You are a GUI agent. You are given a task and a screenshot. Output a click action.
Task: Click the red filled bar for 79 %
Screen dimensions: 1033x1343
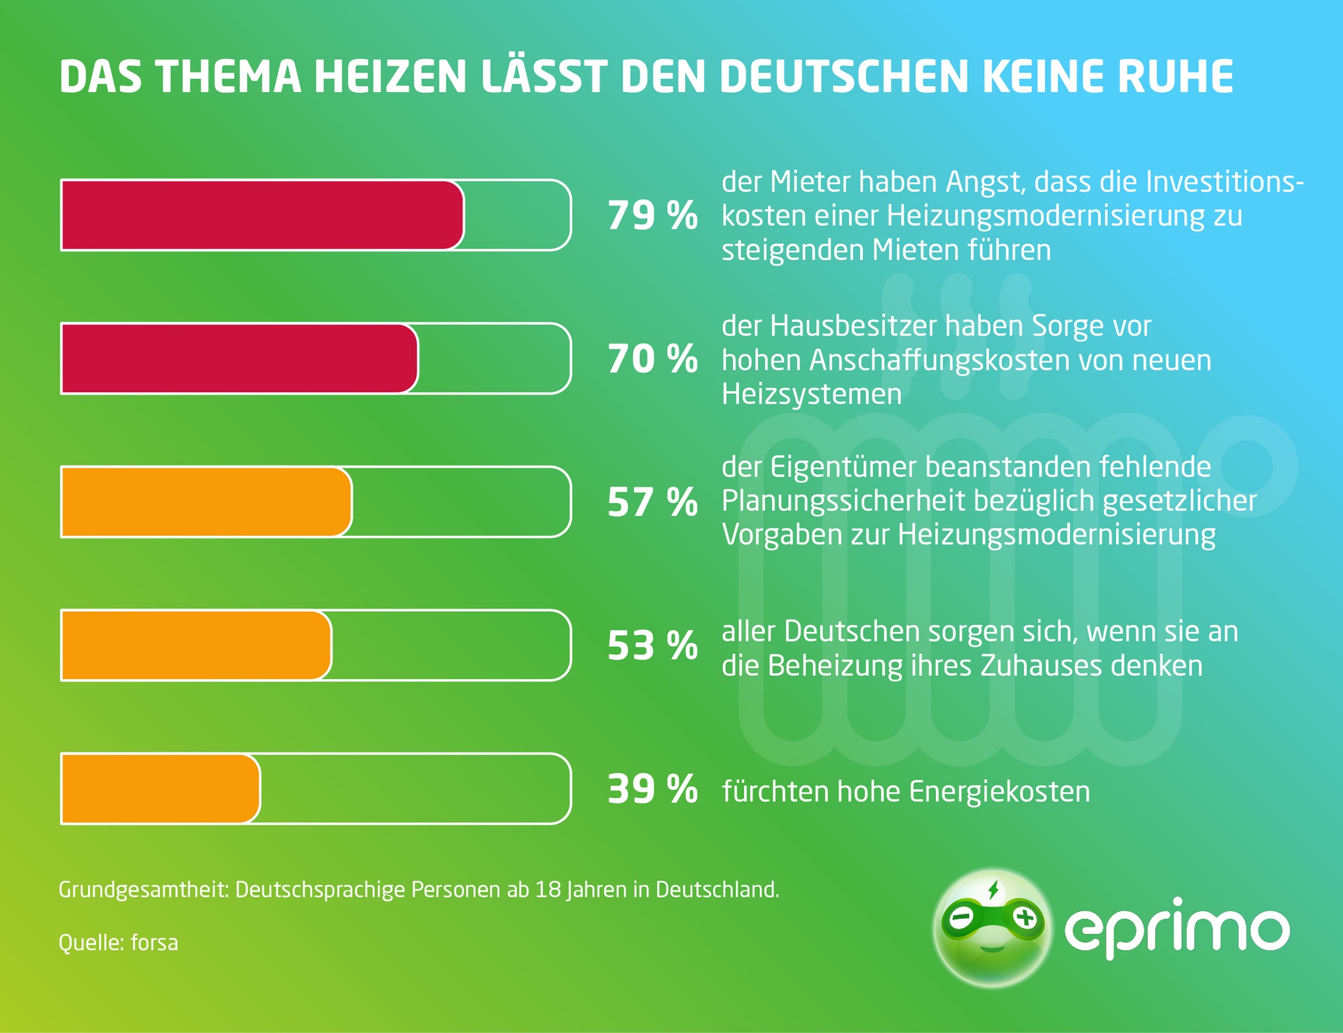click(x=263, y=215)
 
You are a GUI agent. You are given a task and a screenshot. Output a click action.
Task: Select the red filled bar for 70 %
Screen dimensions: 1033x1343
click(x=240, y=358)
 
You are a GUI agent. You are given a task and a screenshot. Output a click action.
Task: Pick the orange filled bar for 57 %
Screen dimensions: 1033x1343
click(x=206, y=502)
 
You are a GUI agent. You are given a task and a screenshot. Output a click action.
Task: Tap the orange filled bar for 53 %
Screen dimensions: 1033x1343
click(x=196, y=645)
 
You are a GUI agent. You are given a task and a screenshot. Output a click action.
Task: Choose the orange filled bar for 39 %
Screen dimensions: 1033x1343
click(x=161, y=789)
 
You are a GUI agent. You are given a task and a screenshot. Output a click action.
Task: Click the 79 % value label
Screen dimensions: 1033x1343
click(x=652, y=215)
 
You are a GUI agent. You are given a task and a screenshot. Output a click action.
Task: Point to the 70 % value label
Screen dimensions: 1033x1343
click(x=652, y=358)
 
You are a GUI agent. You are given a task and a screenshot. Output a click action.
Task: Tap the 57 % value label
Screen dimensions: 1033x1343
click(x=652, y=502)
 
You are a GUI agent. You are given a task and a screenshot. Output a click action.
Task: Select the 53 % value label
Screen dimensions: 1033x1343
click(x=652, y=645)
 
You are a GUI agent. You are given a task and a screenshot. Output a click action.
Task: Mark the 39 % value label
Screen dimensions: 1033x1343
click(x=652, y=789)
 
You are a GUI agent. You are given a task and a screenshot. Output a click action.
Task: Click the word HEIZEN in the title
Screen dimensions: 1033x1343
click(x=390, y=77)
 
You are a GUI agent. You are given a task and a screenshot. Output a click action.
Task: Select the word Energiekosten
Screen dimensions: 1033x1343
click(x=999, y=791)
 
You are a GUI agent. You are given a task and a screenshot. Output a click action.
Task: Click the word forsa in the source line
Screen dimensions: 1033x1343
click(x=154, y=942)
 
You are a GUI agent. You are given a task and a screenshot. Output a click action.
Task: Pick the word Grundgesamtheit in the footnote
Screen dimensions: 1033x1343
click(x=144, y=890)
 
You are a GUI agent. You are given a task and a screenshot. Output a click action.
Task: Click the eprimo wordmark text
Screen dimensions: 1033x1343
click(x=1176, y=928)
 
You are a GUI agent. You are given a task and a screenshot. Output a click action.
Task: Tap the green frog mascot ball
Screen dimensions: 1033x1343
click(x=992, y=928)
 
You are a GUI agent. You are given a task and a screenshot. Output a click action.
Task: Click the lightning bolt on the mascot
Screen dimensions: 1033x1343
click(x=993, y=890)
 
